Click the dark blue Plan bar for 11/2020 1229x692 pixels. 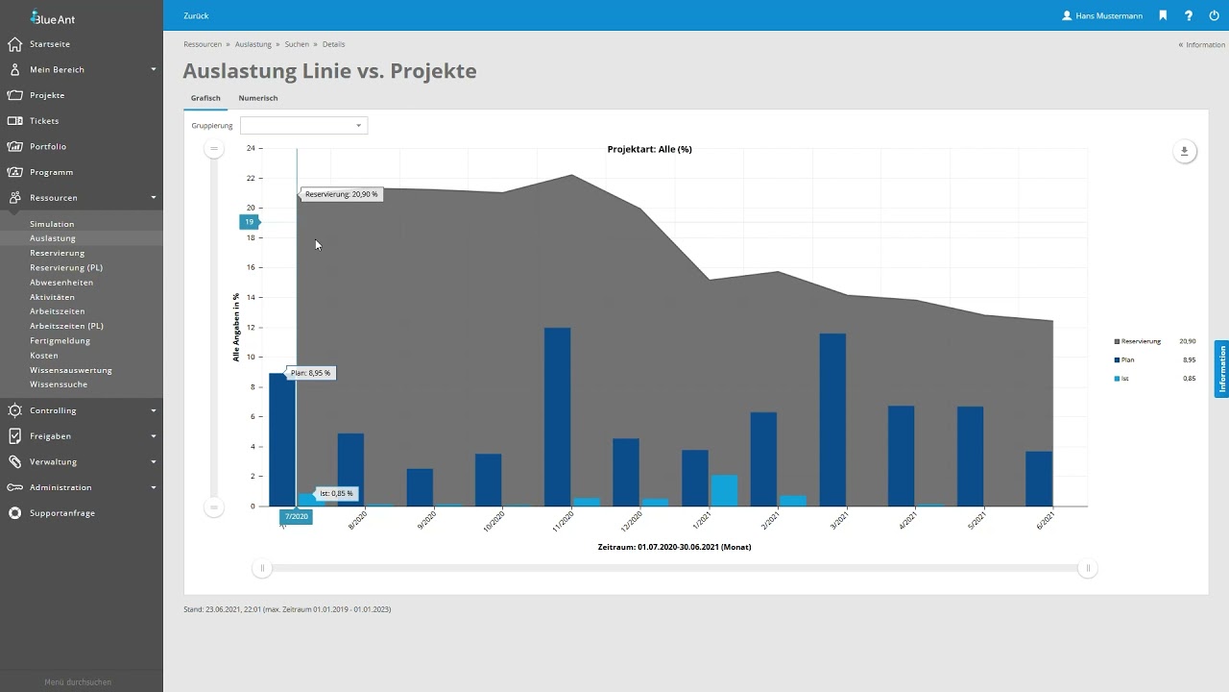pyautogui.click(x=557, y=417)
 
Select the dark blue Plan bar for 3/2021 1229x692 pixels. pyautogui.click(x=832, y=419)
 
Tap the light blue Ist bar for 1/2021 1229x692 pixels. pyautogui.click(x=724, y=490)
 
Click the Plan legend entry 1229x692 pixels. pyautogui.click(x=1127, y=360)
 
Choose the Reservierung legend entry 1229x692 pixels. pyautogui.click(x=1140, y=341)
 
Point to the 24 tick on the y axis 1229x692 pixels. pyautogui.click(x=251, y=148)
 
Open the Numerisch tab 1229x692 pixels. pyautogui.click(x=257, y=98)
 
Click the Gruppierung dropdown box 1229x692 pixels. pyautogui.click(x=303, y=126)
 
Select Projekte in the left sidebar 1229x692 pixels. pyautogui.click(x=47, y=95)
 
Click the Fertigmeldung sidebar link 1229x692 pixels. pyautogui.click(x=60, y=340)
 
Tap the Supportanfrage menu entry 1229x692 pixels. pyautogui.click(x=62, y=513)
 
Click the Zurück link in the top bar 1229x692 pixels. pyautogui.click(x=196, y=15)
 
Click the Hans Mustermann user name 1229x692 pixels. pyautogui.click(x=1108, y=15)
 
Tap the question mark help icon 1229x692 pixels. pyautogui.click(x=1189, y=15)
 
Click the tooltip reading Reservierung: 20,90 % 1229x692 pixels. pyautogui.click(x=341, y=194)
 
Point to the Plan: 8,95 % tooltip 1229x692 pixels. pyautogui.click(x=310, y=373)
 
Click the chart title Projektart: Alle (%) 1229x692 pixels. pyautogui.click(x=649, y=149)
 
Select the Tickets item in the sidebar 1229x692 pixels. pyautogui.click(x=44, y=121)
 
